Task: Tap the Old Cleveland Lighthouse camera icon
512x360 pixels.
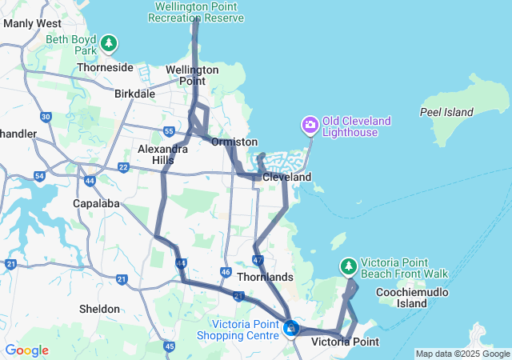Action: (310, 126)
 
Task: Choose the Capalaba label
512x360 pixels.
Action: (98, 203)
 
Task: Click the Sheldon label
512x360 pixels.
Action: (99, 309)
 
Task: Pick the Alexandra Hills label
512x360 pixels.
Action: (162, 154)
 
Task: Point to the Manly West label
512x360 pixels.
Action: (32, 23)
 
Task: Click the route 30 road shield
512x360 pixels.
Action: (46, 117)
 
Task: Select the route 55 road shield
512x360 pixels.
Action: (168, 131)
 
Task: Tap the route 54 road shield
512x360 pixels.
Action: (39, 175)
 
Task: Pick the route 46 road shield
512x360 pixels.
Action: (226, 273)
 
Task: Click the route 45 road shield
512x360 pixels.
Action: (169, 346)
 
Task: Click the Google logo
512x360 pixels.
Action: (26, 350)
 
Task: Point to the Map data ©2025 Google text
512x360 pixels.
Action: (462, 354)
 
